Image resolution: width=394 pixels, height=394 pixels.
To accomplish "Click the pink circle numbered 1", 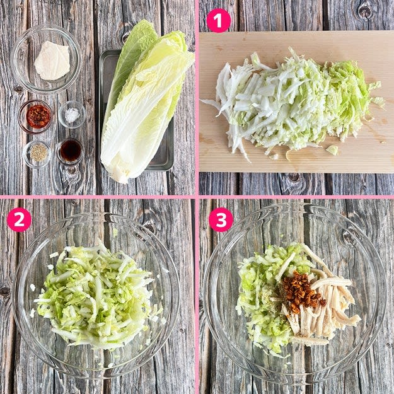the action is point(218,21).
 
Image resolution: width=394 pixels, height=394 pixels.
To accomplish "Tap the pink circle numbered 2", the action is point(19,219).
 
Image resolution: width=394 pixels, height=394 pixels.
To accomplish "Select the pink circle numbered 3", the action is point(221,219).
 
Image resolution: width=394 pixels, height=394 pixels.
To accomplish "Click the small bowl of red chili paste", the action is point(35,117).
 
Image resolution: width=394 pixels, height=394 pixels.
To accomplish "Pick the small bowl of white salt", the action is point(72,115).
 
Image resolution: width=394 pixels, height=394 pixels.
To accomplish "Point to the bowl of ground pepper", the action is point(37,154).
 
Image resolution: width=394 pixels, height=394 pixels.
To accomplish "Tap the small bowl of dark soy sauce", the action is point(69,152).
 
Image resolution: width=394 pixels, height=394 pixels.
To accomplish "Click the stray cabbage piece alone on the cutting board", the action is point(332,150).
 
